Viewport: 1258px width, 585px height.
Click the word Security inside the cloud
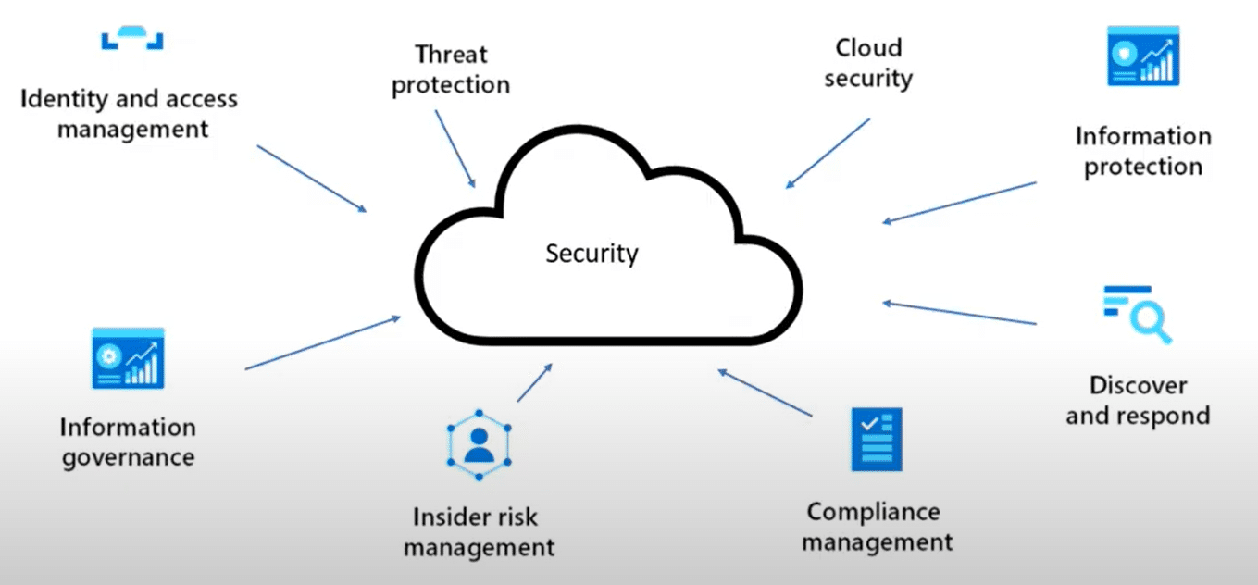point(592,253)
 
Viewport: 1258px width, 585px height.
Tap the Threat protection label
point(451,69)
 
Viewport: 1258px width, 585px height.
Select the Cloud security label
point(868,63)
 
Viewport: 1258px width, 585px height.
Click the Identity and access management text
point(130,113)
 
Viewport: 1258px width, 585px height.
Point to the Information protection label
point(1143,151)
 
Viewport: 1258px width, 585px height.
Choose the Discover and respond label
point(1138,400)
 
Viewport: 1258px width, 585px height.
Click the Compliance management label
point(877,526)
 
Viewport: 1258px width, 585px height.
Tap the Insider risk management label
point(480,531)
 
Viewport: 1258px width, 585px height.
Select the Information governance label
point(128,442)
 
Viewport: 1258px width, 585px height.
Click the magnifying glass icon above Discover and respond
point(1137,315)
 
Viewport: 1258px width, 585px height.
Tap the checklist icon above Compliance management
point(876,439)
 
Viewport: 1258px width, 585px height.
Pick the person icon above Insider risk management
point(479,444)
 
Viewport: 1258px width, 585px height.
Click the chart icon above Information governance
point(128,358)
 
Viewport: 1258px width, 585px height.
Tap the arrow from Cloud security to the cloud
point(828,153)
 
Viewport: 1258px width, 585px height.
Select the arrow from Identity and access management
point(311,179)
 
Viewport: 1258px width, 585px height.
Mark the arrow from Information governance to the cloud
point(323,343)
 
